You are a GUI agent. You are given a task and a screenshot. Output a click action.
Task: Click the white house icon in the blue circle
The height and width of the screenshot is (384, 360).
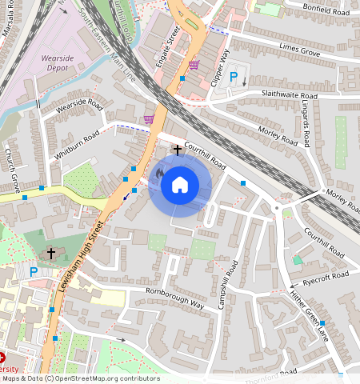point(180,185)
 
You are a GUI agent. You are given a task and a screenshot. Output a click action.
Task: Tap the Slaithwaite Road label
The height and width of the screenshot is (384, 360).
point(284,96)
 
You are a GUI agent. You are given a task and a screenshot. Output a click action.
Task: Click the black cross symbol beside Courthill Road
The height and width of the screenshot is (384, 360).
point(178,150)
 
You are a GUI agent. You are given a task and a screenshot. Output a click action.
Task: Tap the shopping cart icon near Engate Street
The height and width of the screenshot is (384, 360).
point(193,65)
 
